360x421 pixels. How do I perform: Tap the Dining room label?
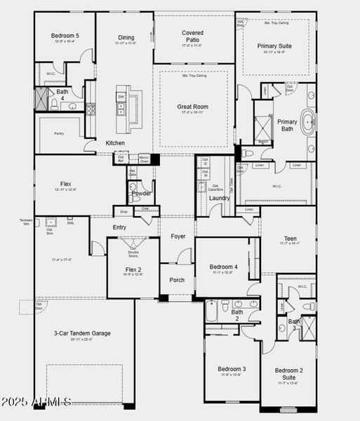point(126,38)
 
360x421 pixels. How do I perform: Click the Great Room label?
point(192,107)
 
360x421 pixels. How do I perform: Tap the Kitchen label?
point(115,143)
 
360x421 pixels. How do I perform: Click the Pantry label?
point(60,133)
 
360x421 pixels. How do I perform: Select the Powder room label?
point(142,193)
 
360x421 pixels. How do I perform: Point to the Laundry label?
point(219,198)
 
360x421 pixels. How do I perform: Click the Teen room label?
point(290,239)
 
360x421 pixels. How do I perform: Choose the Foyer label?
point(178,236)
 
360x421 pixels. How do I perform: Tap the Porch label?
point(178,280)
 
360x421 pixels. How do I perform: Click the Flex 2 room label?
point(133,270)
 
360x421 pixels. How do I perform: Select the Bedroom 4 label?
point(225,267)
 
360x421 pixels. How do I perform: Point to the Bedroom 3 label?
point(231,369)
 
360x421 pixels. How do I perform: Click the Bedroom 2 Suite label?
point(288,374)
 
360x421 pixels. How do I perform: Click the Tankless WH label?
point(25,222)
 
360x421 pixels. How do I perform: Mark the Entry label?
point(119,227)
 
